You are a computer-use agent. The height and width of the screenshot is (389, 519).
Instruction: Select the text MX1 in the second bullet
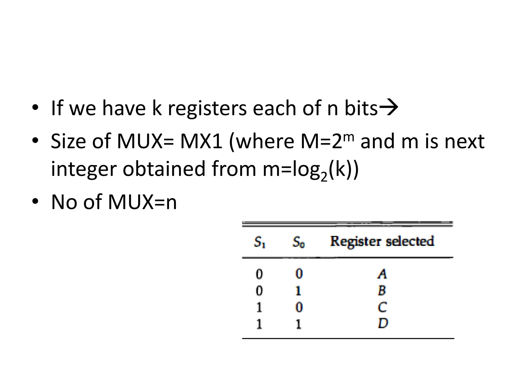[201, 141]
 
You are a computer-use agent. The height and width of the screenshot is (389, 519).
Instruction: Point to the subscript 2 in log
[324, 177]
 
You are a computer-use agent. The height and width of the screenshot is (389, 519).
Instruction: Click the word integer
[83, 169]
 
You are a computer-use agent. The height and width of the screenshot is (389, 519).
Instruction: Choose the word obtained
[164, 169]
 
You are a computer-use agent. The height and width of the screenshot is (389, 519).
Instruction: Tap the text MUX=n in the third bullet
[142, 202]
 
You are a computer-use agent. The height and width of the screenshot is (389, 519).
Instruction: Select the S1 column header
[259, 242]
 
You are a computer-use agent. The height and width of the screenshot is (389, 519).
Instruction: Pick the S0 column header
[299, 242]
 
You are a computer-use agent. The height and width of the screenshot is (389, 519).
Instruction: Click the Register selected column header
[382, 241]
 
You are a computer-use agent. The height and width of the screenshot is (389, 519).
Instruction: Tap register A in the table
[382, 274]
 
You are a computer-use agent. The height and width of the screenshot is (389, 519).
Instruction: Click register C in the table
[382, 307]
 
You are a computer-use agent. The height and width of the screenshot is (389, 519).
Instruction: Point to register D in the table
[383, 323]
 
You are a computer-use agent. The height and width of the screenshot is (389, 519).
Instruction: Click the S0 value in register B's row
[299, 291]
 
